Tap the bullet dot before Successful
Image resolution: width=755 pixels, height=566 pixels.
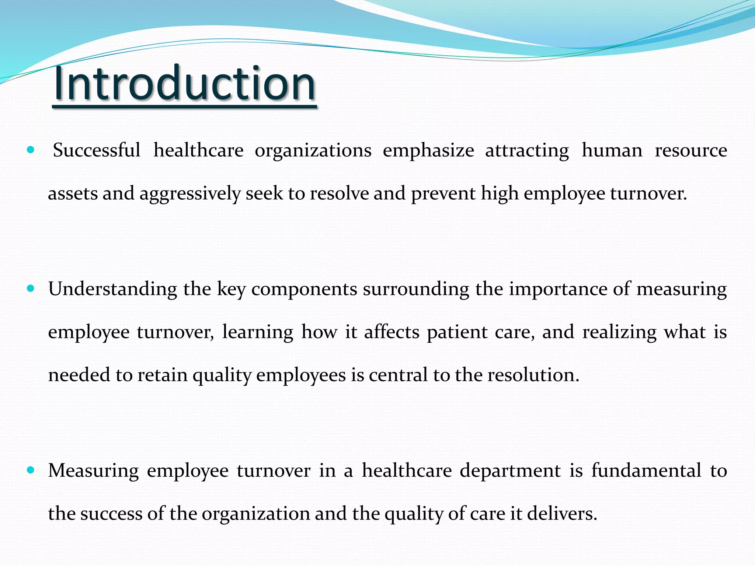[31, 150]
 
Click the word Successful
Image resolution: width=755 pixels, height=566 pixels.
[97, 150]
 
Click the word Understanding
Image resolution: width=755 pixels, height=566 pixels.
[112, 289]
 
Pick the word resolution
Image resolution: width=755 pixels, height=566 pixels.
[533, 375]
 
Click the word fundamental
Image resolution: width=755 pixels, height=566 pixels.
[646, 471]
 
